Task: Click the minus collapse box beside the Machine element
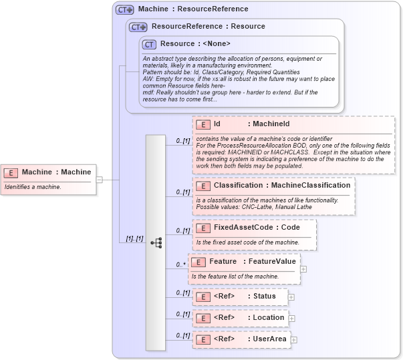point(99,180)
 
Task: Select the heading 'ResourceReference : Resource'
point(208,27)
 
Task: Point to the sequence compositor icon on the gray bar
point(156,243)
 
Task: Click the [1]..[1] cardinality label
point(134,239)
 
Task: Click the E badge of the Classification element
point(203,186)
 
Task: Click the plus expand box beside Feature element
point(304,269)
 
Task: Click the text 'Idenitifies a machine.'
point(33,187)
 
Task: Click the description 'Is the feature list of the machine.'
point(235,277)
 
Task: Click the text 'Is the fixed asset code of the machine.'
point(247,242)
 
